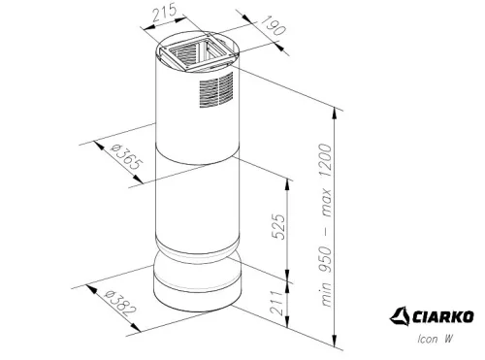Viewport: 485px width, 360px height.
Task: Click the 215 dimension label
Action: point(165,13)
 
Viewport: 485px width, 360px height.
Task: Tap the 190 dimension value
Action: point(274,25)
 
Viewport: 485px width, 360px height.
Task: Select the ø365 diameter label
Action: point(126,157)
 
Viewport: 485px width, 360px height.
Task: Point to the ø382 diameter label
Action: point(120,304)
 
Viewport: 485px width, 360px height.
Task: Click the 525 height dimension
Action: point(278,226)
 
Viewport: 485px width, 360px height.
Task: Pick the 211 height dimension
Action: point(278,303)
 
